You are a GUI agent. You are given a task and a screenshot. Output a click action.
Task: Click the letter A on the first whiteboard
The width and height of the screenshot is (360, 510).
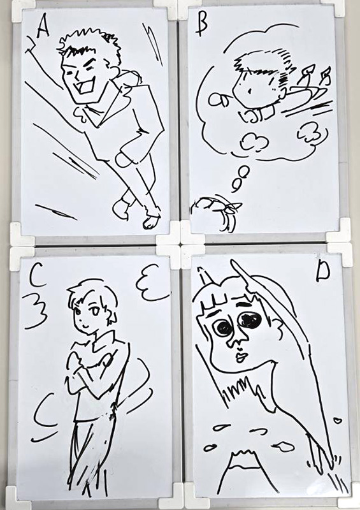[x=43, y=27]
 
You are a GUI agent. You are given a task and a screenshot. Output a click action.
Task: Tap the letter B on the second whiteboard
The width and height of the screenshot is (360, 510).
[x=201, y=25]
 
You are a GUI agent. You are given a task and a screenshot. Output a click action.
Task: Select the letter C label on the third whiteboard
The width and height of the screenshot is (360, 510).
[x=36, y=277]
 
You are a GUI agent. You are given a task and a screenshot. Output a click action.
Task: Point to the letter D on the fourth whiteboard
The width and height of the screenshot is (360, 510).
[x=323, y=273]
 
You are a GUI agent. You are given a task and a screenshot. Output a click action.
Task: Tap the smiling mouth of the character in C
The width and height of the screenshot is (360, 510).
[x=84, y=325]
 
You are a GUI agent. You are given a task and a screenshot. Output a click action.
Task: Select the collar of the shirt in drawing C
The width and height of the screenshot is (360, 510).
[x=103, y=342]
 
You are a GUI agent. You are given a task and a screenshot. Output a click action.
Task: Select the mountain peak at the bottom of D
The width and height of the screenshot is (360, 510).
[x=241, y=455]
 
